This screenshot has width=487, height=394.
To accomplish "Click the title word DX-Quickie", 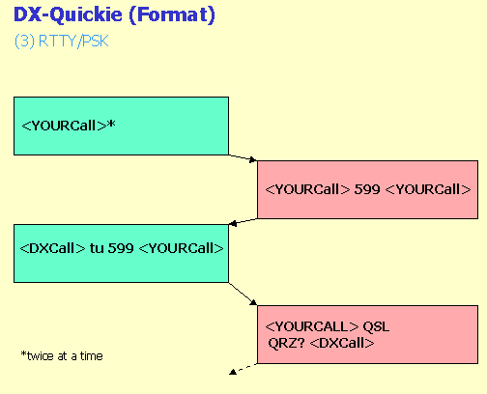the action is (68, 14).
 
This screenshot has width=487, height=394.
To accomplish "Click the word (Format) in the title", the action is (172, 15).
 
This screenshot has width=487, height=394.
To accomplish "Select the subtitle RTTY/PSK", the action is (73, 42).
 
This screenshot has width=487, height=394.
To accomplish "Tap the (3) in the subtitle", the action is (24, 42).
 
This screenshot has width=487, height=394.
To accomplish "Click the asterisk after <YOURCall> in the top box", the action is (111, 124).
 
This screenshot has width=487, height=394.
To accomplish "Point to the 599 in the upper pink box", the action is (367, 189).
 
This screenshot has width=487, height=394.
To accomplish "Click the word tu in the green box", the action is (97, 248).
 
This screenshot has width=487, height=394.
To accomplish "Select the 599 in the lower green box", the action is (121, 248).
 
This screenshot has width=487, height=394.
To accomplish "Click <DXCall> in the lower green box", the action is (52, 248).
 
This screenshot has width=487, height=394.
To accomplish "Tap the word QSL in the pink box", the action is (376, 326).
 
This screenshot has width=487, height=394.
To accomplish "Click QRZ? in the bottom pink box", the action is (286, 343).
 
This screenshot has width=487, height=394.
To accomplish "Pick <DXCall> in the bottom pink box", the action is (342, 343).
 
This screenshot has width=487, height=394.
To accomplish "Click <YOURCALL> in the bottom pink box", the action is (311, 326).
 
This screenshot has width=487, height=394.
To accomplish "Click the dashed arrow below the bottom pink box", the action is (243, 369).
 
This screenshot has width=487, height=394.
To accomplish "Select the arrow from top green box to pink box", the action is (243, 157).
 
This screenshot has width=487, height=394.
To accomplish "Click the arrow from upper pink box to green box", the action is (243, 222).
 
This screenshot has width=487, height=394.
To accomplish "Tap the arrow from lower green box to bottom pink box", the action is (243, 294).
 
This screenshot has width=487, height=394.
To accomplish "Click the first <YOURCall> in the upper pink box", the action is (307, 189).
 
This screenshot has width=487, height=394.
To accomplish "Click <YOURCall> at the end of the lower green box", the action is (181, 248).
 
